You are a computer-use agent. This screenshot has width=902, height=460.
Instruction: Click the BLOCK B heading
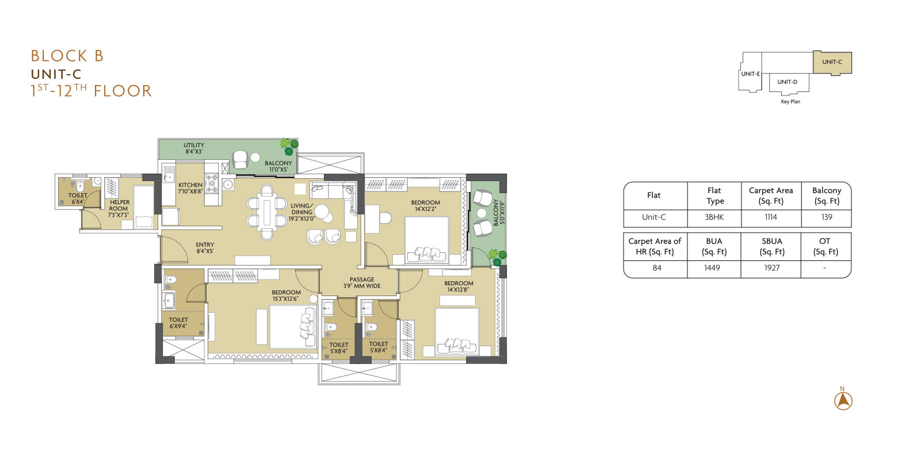[x=67, y=56]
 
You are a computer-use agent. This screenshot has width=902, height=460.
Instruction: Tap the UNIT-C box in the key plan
[x=832, y=62]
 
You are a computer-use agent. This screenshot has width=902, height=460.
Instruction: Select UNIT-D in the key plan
[x=787, y=82]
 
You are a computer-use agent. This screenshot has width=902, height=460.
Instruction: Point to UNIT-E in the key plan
[x=750, y=74]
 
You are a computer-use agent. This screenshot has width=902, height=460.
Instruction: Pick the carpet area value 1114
[x=771, y=217]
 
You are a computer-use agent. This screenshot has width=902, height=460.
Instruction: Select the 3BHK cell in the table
[x=714, y=217]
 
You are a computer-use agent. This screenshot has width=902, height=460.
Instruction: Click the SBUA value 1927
[x=772, y=268]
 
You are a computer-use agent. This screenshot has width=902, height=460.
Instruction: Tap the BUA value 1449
[x=712, y=268]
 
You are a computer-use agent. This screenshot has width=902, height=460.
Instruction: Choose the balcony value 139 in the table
[x=827, y=217]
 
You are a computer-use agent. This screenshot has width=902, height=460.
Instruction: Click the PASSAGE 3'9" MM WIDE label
[x=362, y=282]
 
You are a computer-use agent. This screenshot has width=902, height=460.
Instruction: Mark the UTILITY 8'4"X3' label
[x=194, y=148]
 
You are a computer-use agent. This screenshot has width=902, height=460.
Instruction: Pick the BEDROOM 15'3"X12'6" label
[x=286, y=296]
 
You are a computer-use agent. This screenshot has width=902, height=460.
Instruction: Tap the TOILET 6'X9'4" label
[x=178, y=323]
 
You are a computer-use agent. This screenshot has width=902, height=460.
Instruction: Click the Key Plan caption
[x=790, y=102]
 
